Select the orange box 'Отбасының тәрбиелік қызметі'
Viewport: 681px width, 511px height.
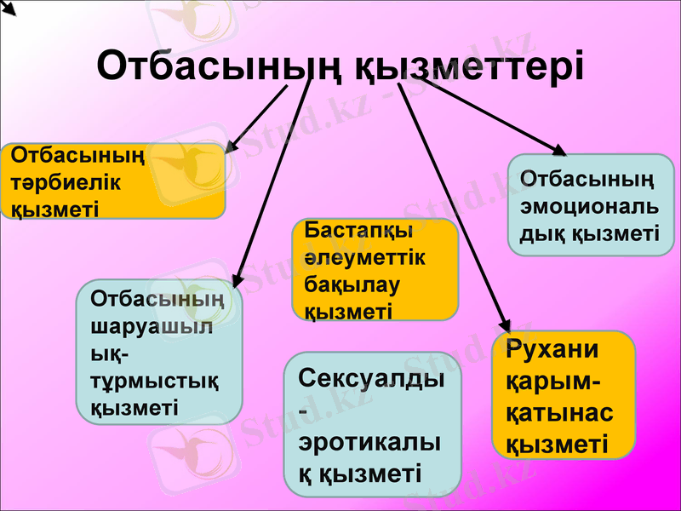coord(112,181)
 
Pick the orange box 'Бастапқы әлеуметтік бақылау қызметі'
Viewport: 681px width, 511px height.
coord(375,269)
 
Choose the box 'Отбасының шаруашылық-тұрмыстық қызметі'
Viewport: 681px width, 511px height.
coord(159,352)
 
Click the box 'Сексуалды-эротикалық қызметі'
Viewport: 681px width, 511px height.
coord(371,424)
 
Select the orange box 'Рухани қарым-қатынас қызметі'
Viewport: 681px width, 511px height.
coord(564,395)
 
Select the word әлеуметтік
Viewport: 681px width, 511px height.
coord(364,257)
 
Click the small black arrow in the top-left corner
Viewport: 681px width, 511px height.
coord(10,10)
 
